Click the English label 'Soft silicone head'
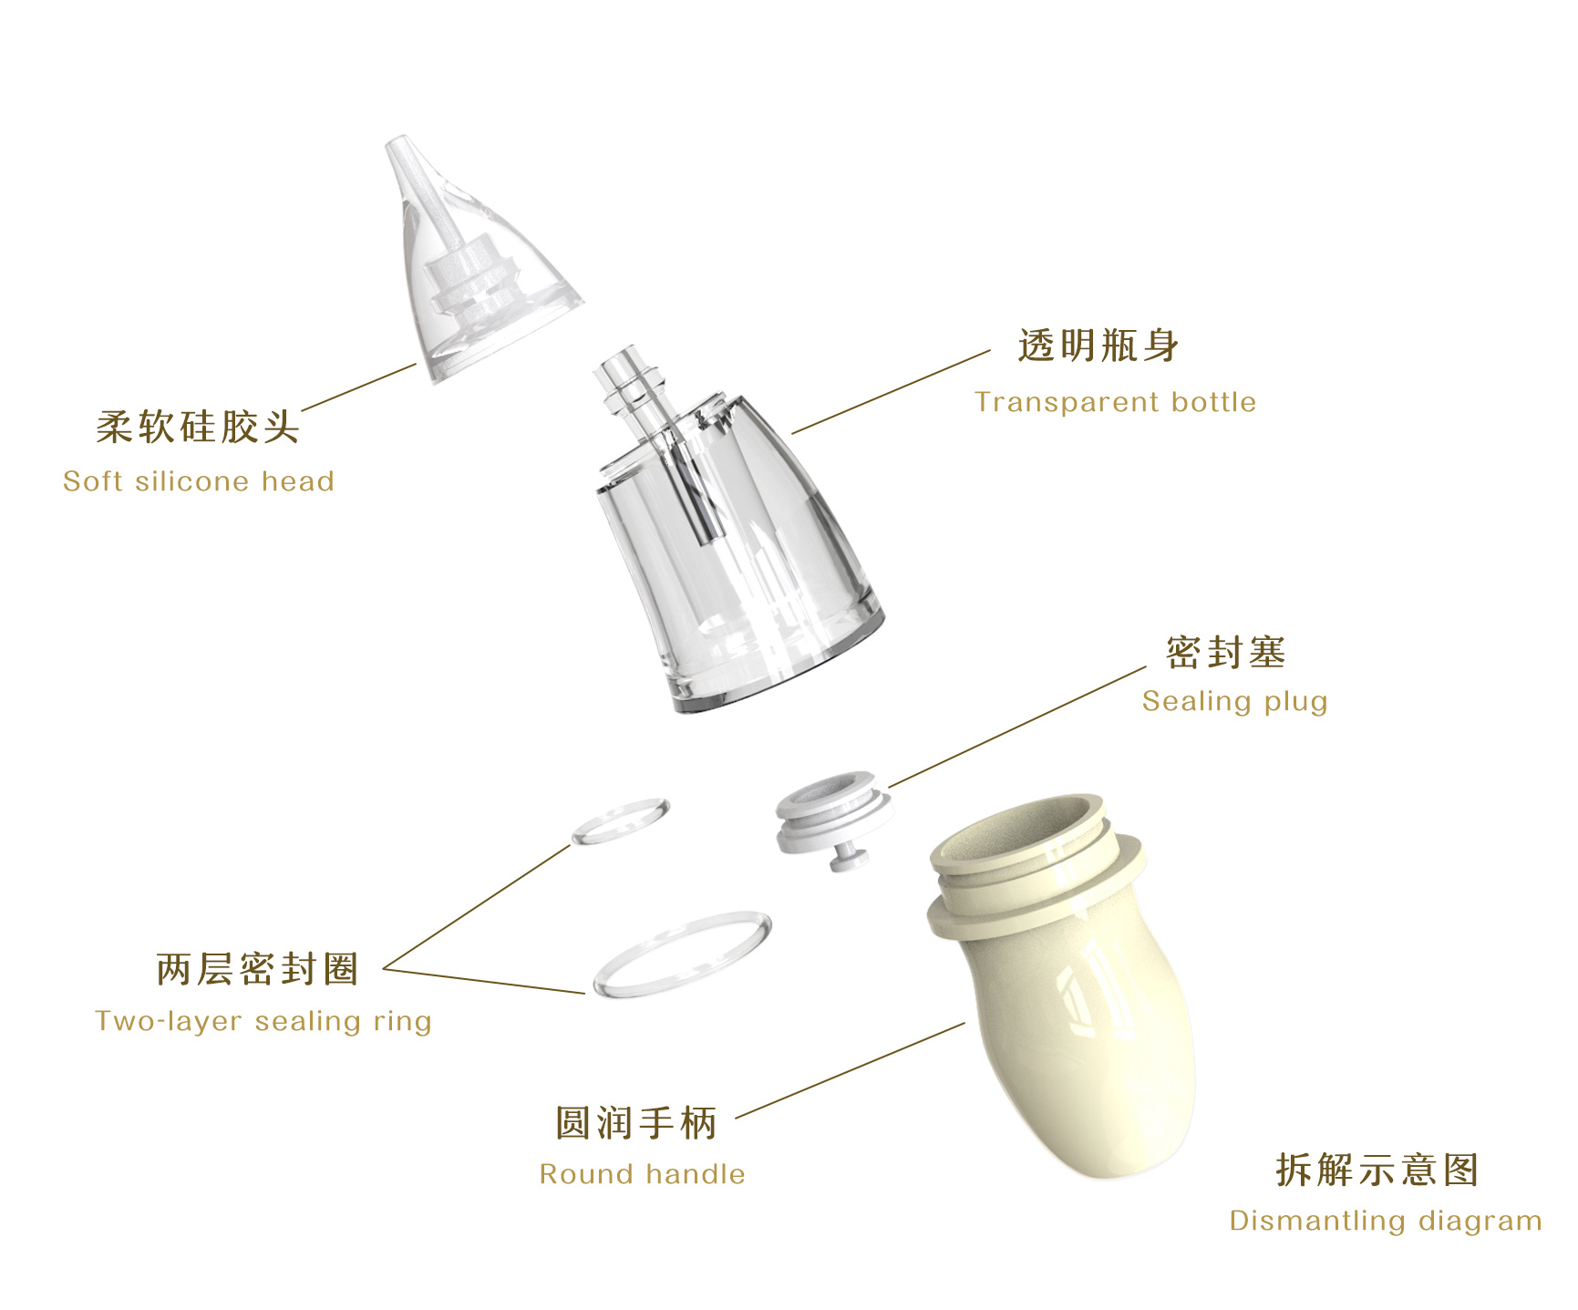click(x=199, y=481)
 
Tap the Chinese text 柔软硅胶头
click(x=198, y=427)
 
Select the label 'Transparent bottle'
click(x=1115, y=402)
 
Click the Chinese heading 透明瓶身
click(x=1098, y=346)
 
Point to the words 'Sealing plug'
click(x=1234, y=701)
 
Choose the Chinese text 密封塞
click(x=1225, y=653)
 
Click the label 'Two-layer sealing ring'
click(x=263, y=1020)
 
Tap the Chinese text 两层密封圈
click(x=258, y=969)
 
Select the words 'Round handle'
click(x=643, y=1174)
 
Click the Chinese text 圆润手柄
click(x=636, y=1123)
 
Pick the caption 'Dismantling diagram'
click(x=1385, y=1221)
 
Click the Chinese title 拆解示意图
click(x=1377, y=1171)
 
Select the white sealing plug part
click(x=832, y=810)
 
